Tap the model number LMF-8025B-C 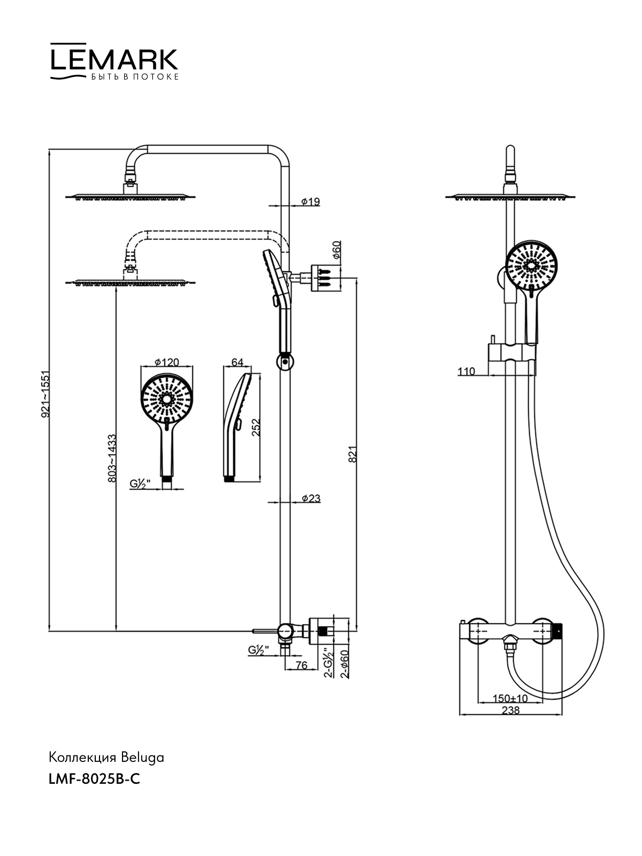point(94,779)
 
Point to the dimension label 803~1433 point(112,458)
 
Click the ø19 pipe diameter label point(310,202)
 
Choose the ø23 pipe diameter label point(311,499)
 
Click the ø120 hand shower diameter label point(166,362)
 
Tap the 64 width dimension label point(237,362)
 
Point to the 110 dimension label point(466,371)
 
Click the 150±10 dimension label point(510,699)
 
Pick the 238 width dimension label point(510,710)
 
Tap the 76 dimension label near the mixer point(302,666)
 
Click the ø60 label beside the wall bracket point(337,250)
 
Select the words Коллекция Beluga point(106,758)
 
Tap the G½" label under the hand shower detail point(140,484)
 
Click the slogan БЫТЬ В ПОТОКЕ point(135,77)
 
